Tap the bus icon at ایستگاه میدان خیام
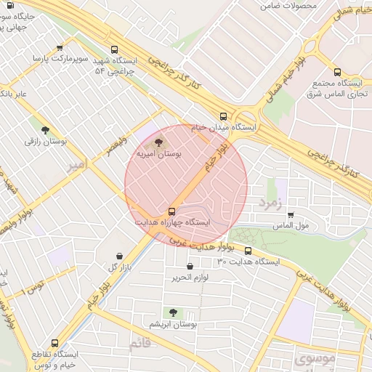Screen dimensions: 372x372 pyautogui.click(x=224, y=116)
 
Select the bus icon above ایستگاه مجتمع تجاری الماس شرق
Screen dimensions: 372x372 pyautogui.click(x=336, y=72)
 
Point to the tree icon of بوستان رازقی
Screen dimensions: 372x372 pyautogui.click(x=46, y=130)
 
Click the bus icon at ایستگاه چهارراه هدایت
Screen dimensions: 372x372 pyautogui.click(x=171, y=211)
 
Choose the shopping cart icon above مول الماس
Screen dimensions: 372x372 pyautogui.click(x=291, y=215)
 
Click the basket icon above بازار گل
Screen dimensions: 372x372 pyautogui.click(x=120, y=255)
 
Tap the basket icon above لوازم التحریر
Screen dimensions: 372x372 pyautogui.click(x=190, y=267)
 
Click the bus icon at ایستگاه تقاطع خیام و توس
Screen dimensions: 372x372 pyautogui.click(x=54, y=342)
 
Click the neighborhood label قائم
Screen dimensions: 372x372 pyautogui.click(x=140, y=340)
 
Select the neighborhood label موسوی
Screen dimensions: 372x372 pyautogui.click(x=315, y=358)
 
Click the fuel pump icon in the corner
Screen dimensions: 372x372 pyautogui.click(x=9, y=5)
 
